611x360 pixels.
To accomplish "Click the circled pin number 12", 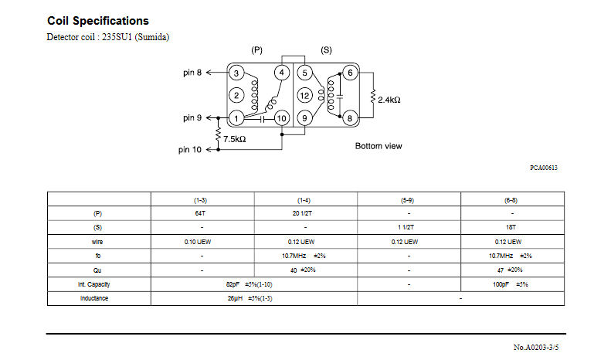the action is (304, 96).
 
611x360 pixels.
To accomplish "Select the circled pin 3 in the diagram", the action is (236, 73).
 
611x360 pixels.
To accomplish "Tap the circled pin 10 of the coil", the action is (281, 118).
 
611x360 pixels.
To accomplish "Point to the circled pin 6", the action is (350, 73).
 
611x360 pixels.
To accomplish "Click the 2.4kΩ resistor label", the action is (389, 100).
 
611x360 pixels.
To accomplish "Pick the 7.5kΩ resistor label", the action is (235, 139).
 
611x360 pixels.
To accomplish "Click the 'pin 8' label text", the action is (192, 73).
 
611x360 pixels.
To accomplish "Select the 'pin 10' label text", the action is (190, 150).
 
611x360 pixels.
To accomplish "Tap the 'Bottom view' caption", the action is (378, 146).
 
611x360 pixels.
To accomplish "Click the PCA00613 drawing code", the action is (544, 168).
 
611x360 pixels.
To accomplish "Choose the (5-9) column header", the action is (407, 200).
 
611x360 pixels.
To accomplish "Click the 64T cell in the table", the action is (200, 213).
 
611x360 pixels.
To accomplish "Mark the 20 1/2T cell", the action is (302, 213).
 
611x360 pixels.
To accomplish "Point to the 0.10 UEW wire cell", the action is (198, 242).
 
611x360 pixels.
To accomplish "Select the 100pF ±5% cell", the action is (510, 284).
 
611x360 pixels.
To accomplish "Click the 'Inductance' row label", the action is (94, 298).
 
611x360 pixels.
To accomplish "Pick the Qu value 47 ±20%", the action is (510, 270).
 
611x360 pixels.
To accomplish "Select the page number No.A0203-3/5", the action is (536, 347).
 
